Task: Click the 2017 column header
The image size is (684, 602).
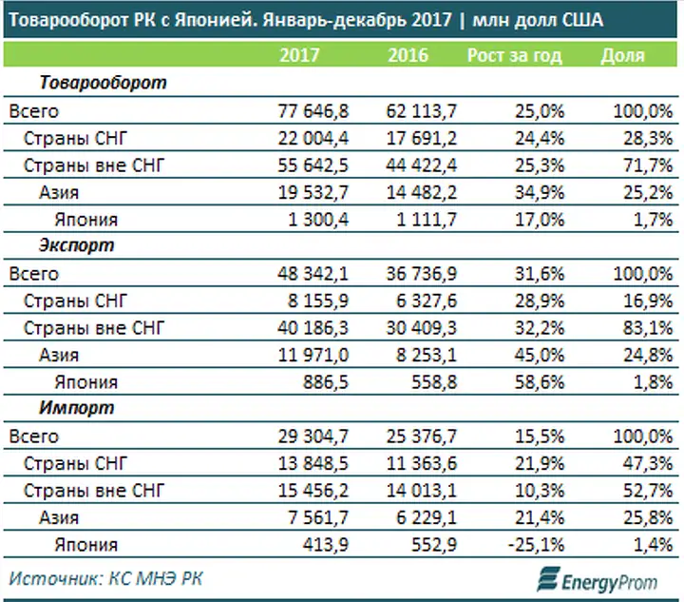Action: tap(299, 55)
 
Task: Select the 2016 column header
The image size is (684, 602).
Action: tap(408, 55)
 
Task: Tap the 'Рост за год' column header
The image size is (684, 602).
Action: tap(514, 55)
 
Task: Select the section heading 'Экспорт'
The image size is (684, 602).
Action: tap(77, 246)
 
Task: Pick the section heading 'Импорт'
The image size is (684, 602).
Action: tap(77, 409)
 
